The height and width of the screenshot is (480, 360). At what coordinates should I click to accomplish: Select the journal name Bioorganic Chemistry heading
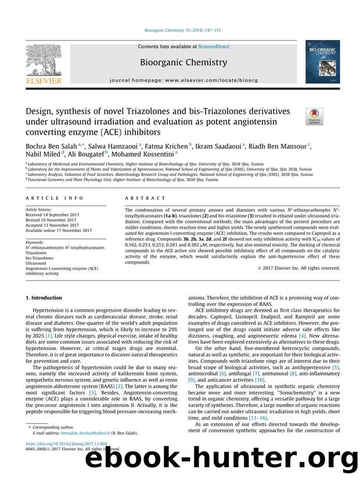click(179, 62)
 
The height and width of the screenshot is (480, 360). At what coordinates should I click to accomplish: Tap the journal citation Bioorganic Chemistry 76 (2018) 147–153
click(179, 30)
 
